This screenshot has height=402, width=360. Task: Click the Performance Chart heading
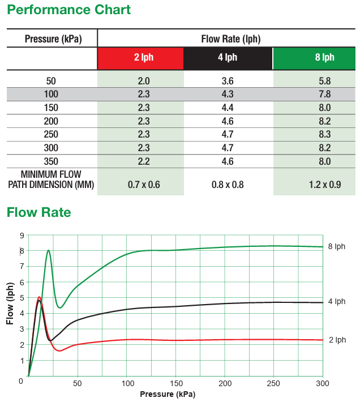(68, 10)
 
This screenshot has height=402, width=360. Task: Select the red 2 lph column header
(140, 58)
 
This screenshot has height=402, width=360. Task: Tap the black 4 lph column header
(228, 58)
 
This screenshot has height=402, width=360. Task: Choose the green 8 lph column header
(314, 58)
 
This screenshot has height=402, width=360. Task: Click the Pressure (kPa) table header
(53, 39)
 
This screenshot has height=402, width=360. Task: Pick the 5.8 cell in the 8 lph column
(324, 81)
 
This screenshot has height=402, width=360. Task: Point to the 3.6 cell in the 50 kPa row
(228, 81)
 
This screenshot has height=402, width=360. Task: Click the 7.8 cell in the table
(324, 94)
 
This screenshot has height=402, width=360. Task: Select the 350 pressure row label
(50, 161)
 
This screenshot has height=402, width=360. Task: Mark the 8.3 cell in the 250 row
(324, 135)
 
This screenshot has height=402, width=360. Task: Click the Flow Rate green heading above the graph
(39, 212)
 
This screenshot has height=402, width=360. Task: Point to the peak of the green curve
(48, 250)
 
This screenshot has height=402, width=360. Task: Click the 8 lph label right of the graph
(336, 247)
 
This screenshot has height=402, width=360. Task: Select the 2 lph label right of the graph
(337, 340)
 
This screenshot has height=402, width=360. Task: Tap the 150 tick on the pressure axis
(175, 383)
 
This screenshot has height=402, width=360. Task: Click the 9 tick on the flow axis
(22, 236)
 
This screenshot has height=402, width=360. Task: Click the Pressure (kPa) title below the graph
(168, 394)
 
